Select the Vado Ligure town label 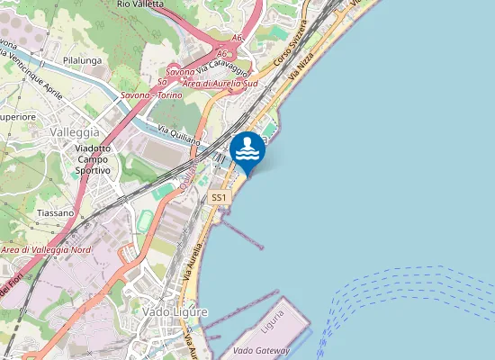click(x=175, y=311)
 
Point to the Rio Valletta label click(x=139, y=4)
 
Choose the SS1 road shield click(x=219, y=196)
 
